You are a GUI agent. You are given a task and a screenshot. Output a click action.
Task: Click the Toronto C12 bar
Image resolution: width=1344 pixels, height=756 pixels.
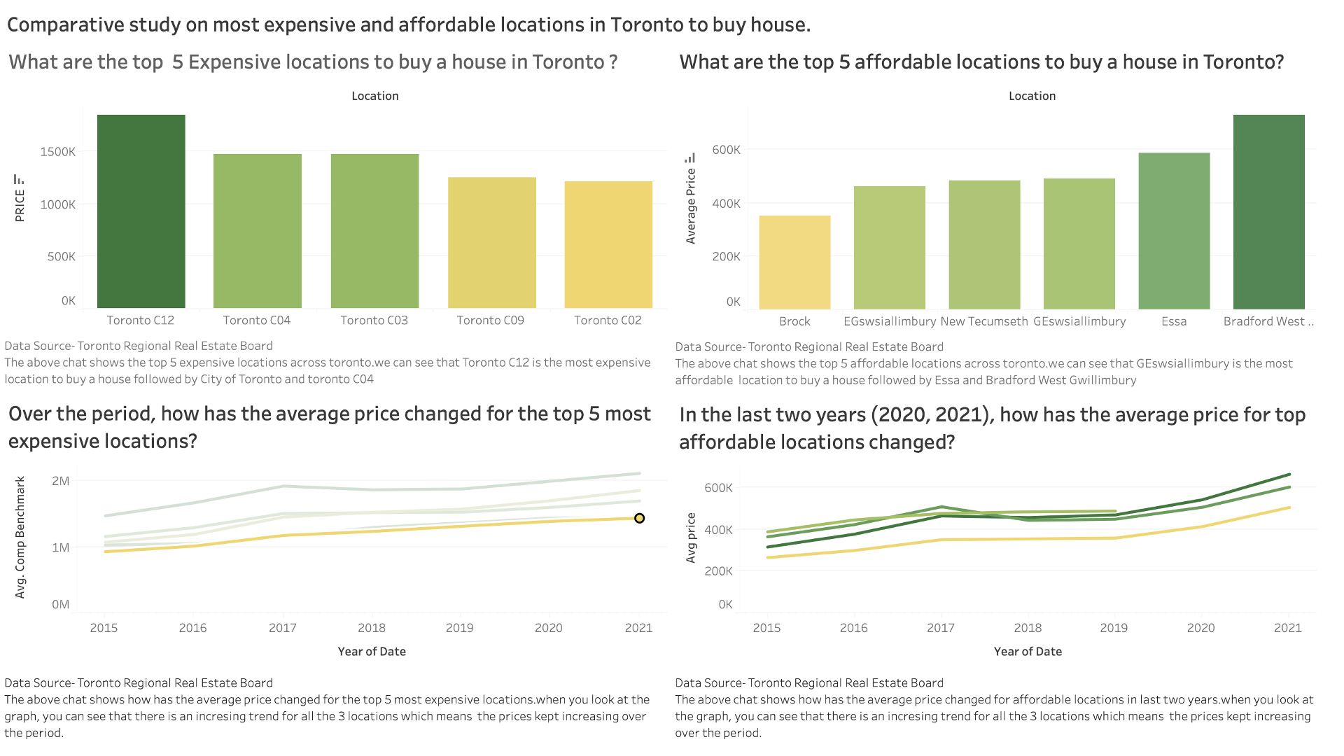[x=141, y=211]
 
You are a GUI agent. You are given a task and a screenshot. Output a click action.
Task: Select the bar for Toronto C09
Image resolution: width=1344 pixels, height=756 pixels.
[x=491, y=242]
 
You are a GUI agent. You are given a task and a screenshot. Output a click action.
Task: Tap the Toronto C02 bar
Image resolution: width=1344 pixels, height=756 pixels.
[x=608, y=244]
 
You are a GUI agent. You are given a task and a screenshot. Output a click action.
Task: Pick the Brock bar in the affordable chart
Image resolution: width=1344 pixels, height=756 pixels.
[x=794, y=262]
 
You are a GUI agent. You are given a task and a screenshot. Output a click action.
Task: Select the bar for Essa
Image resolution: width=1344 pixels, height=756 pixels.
[x=1174, y=230]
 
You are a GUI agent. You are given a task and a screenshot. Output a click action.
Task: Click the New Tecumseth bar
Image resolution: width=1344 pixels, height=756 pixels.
[x=984, y=244]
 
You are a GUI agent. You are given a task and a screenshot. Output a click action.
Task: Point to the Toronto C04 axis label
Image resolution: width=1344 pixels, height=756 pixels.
[x=256, y=320]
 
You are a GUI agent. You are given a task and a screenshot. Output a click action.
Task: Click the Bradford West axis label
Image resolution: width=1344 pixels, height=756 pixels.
[x=1268, y=321]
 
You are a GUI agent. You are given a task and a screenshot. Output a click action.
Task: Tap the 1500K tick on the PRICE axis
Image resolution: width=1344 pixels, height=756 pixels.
[x=58, y=152]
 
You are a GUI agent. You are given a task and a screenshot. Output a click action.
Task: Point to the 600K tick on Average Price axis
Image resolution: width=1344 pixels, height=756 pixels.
[x=726, y=150]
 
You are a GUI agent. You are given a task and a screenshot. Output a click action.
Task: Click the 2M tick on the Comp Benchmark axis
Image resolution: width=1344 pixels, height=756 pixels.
[x=61, y=481]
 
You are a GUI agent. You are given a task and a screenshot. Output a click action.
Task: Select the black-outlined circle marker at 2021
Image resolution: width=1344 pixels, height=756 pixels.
[x=639, y=518]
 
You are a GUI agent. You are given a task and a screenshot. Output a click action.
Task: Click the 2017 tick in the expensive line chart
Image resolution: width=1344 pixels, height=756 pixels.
[x=283, y=628]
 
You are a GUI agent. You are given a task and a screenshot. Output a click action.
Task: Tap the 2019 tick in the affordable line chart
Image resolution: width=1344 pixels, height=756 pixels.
[x=1114, y=628]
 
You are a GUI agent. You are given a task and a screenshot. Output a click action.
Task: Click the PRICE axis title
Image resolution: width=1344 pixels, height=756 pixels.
[x=20, y=206]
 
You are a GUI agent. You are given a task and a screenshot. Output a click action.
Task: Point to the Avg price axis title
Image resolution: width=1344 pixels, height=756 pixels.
[x=691, y=538]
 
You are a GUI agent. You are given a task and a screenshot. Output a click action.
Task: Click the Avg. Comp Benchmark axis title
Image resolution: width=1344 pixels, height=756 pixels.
[x=20, y=537]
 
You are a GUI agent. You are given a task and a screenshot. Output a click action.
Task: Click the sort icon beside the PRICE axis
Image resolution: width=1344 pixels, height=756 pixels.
[x=19, y=180]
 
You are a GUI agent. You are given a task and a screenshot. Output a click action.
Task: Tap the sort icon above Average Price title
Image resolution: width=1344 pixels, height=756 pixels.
[x=690, y=157]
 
